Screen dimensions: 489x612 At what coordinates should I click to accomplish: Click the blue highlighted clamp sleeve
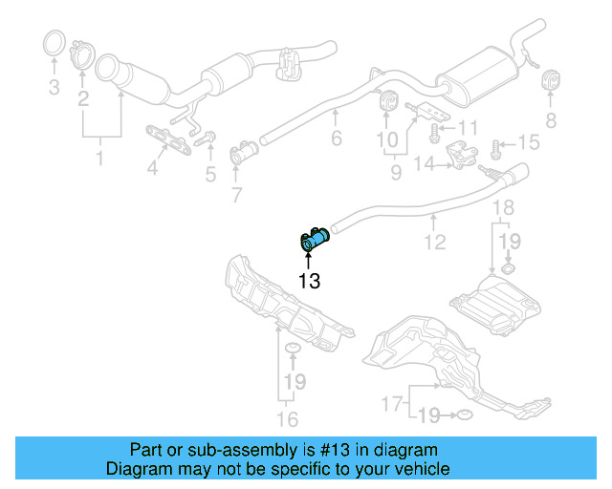point(315,240)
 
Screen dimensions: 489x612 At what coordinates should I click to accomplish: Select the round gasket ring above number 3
point(56,44)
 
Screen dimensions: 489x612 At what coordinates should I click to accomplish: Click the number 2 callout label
point(83,99)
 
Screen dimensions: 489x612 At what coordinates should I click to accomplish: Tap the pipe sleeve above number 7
point(246,151)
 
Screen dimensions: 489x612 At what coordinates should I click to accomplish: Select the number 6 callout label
point(336,139)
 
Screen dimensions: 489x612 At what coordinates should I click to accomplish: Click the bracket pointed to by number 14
point(463,156)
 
